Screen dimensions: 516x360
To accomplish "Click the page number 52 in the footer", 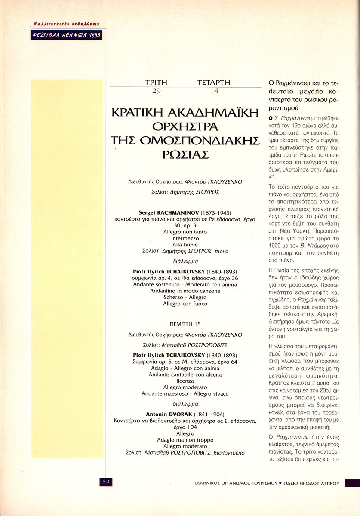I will coord(106,482).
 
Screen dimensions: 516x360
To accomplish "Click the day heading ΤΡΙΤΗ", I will coord(156,83).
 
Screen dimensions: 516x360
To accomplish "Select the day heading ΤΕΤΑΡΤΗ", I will coord(214,83).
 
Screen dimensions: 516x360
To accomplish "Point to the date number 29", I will coord(155,91).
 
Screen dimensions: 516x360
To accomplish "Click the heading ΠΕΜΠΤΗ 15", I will coord(185,323).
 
